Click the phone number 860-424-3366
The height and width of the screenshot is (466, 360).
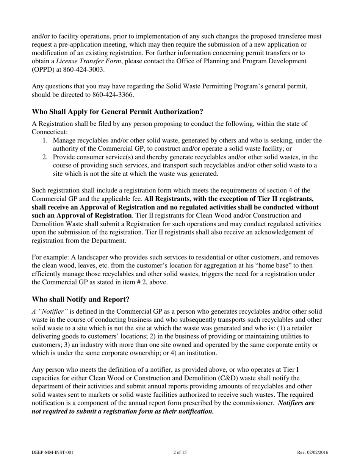[x=113, y=95]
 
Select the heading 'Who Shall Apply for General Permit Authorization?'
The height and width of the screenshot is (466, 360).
[x=117, y=112]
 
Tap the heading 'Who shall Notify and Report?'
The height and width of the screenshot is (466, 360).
[x=81, y=299]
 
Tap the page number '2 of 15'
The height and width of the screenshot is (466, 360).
[x=180, y=452]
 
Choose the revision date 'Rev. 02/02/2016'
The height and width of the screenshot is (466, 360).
[x=313, y=452]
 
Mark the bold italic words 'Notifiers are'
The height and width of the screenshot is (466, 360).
[x=296, y=403]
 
